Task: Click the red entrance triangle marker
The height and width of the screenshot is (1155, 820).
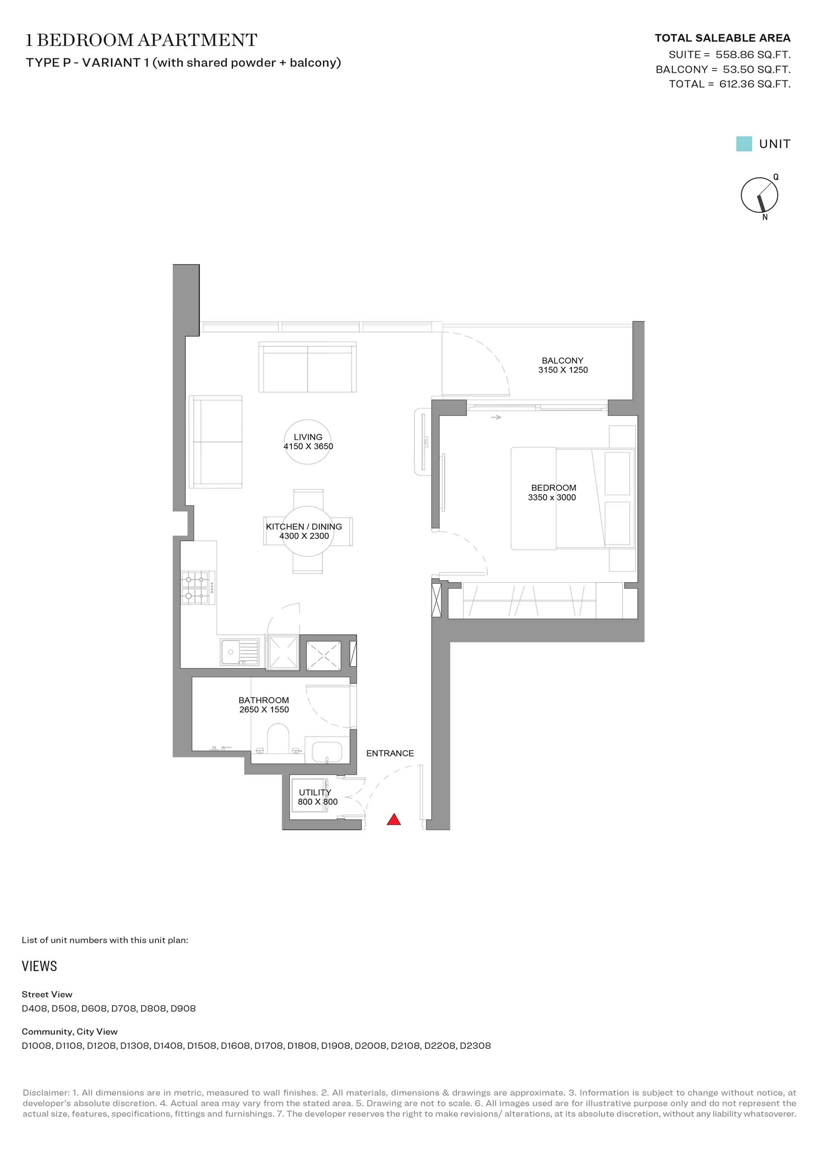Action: (x=394, y=819)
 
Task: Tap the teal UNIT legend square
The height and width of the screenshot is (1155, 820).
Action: (x=744, y=144)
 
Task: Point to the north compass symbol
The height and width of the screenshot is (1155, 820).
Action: (x=760, y=195)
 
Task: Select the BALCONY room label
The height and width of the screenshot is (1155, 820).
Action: (x=563, y=360)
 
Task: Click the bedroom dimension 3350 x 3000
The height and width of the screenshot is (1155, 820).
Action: (x=552, y=497)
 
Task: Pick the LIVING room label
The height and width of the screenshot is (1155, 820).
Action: (x=308, y=437)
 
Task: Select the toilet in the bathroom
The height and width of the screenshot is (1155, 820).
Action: (x=278, y=738)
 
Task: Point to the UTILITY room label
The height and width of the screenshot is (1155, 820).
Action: (x=315, y=793)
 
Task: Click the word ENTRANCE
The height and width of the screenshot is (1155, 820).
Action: (x=390, y=753)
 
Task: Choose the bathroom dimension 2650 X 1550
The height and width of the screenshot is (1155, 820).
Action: (x=264, y=709)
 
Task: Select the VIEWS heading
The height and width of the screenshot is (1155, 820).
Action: (x=39, y=966)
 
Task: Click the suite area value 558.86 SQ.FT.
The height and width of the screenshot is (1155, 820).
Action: (x=753, y=55)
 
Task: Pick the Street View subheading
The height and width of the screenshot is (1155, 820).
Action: (x=47, y=994)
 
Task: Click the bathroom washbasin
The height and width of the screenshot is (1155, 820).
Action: (x=327, y=750)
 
